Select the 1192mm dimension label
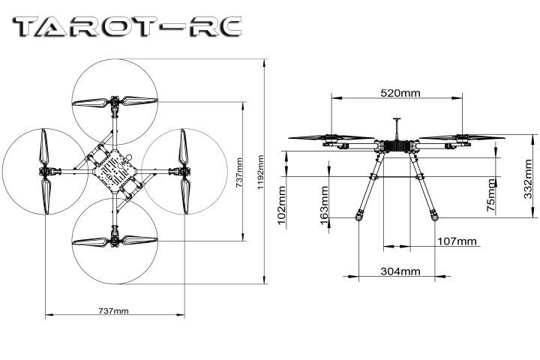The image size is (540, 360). click(x=259, y=174)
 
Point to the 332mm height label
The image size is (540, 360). click(x=507, y=180)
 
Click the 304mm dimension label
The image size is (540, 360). click(x=399, y=270)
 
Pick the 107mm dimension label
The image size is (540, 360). click(x=457, y=241)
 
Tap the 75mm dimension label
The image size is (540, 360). click(x=491, y=196)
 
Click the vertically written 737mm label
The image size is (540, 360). click(x=238, y=172)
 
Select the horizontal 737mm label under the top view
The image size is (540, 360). click(x=113, y=310)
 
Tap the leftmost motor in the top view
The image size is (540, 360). click(x=45, y=171)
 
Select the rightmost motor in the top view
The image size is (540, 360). click(x=184, y=171)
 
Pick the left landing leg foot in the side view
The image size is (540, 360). click(x=358, y=217)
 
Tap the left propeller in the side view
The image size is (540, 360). click(x=331, y=138)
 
